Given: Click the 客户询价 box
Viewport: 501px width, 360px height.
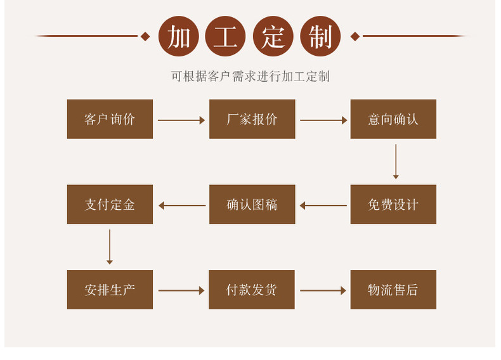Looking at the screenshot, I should (110, 119).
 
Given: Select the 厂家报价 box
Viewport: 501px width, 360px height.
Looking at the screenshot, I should (252, 119).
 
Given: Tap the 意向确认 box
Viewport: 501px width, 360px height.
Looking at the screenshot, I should (393, 119).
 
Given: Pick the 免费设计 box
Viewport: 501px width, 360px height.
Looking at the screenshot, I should (393, 204).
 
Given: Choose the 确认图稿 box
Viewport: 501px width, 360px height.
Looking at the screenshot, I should (252, 204).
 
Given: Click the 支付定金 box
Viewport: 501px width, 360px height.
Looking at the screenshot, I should (110, 204).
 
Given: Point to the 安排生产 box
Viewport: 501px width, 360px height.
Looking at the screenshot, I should (110, 290).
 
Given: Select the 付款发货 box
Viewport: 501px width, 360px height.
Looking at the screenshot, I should (252, 290).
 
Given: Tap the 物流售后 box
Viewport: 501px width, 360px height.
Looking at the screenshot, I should (393, 290).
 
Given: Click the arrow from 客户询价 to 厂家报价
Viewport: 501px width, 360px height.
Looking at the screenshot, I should (181, 120).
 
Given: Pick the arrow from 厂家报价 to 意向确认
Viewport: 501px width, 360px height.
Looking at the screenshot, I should (323, 120).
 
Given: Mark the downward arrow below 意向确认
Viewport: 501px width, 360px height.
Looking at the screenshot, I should (396, 162).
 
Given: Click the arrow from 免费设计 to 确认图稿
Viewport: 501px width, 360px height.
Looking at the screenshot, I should (323, 205).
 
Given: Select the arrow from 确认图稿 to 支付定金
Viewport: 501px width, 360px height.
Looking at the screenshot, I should (181, 205).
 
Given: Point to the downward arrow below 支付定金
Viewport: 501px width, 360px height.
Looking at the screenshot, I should (110, 247).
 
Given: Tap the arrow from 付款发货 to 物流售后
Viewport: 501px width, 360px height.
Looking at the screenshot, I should (323, 290).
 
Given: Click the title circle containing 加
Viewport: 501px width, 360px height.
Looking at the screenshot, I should (178, 36).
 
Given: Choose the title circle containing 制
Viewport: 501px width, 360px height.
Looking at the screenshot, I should (320, 36).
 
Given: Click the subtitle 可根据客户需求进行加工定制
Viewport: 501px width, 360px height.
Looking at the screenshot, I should (251, 77).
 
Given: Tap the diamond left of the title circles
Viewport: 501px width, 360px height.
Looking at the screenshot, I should (145, 36).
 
